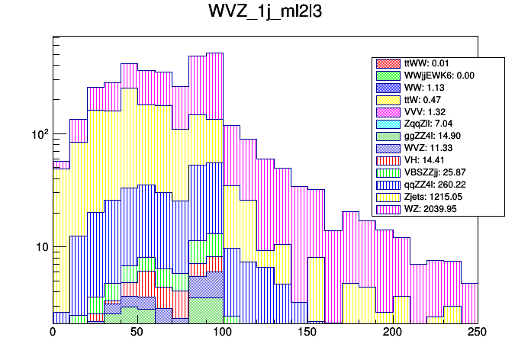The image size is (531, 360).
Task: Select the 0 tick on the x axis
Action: point(53,333)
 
